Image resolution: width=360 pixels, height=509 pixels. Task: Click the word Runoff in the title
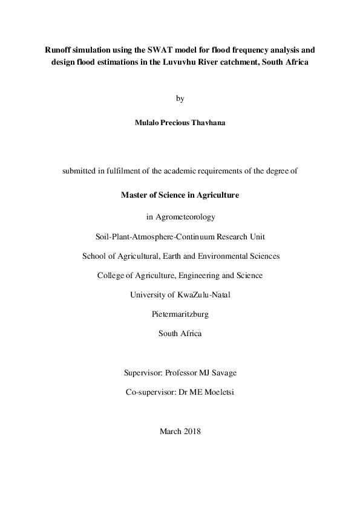click(x=58, y=51)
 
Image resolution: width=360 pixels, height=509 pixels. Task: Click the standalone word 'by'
click(x=180, y=98)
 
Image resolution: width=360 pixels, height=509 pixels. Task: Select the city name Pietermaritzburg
click(x=180, y=314)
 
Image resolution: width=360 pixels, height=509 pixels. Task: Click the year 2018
click(x=189, y=432)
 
